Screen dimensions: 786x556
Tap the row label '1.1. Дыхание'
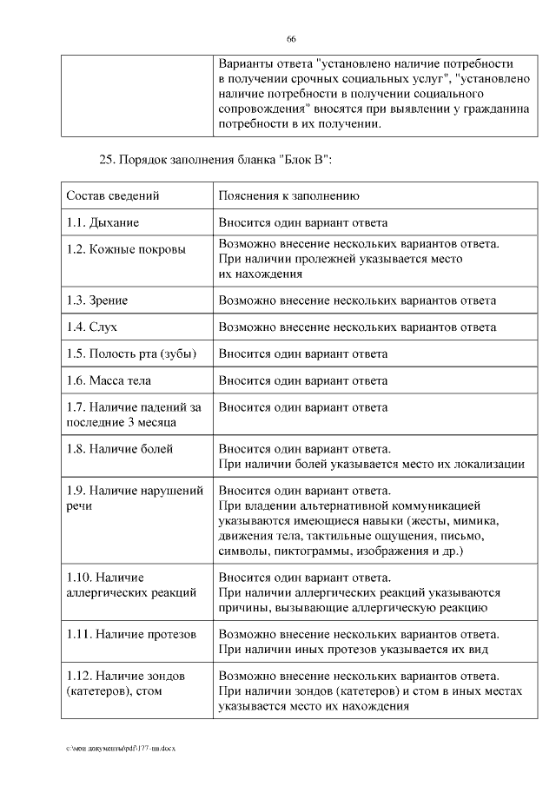point(103,222)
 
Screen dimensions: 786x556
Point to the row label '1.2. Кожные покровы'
point(126,249)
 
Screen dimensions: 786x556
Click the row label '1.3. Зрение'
point(97,301)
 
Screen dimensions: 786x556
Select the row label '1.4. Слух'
point(91,327)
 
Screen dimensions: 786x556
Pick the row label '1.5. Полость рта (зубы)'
point(131,353)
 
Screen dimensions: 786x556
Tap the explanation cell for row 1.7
point(303,406)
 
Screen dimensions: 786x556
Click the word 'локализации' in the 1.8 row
point(491,464)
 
